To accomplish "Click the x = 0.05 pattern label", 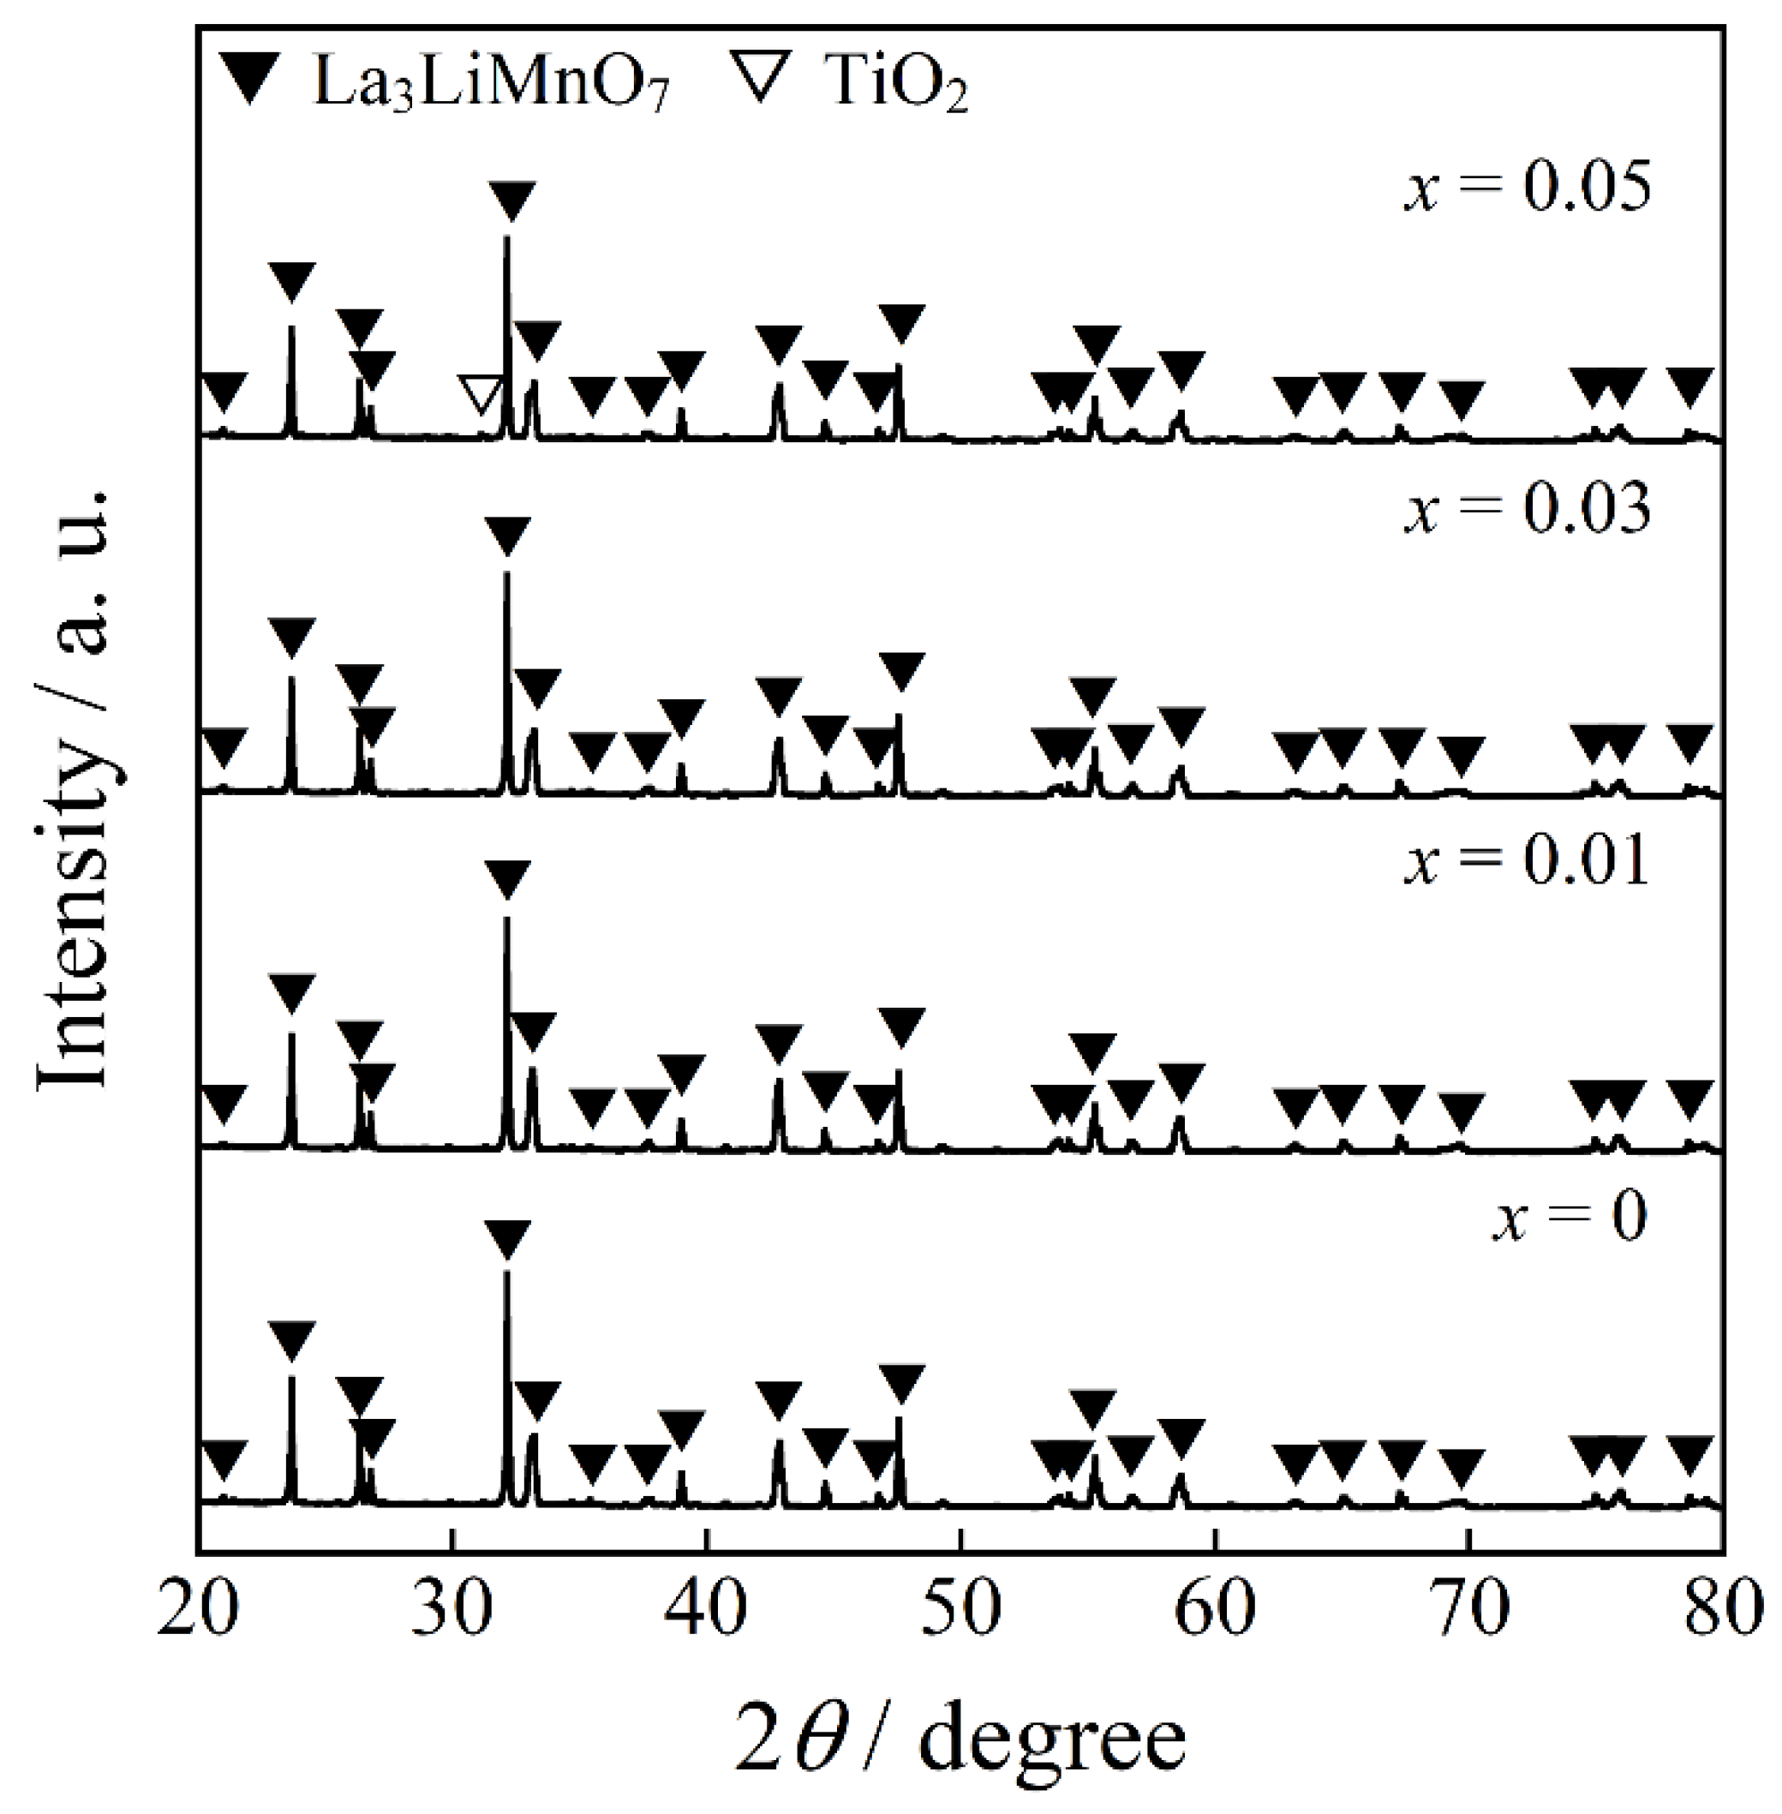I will [x=1527, y=186].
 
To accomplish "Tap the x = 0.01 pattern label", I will [x=1527, y=859].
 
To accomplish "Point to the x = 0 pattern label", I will [x=1569, y=1217].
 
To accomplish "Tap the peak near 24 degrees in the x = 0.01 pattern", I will [x=291, y=1039].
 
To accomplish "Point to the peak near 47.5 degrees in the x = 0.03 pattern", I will [x=899, y=721].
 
